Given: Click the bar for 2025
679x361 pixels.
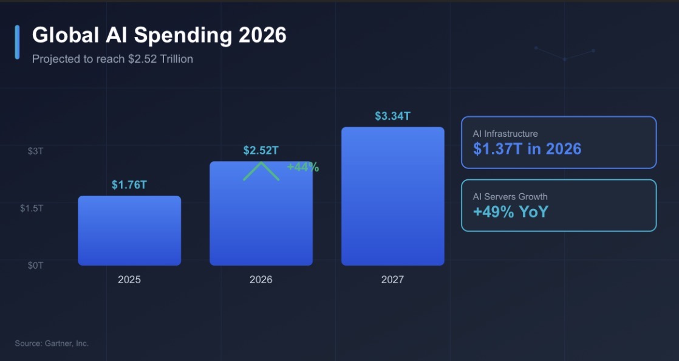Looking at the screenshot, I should (x=129, y=230).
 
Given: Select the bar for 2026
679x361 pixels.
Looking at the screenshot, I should (x=261, y=219).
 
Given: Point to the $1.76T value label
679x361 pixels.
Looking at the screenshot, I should (x=129, y=185).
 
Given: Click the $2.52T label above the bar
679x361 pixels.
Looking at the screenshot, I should (x=261, y=151).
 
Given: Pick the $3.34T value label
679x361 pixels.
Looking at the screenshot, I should (x=392, y=116).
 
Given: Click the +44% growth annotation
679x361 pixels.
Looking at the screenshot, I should (x=303, y=167).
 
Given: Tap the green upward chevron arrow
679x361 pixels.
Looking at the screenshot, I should (x=261, y=171).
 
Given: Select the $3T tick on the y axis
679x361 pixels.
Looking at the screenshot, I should (x=35, y=151).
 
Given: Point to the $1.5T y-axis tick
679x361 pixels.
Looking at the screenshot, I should (x=32, y=208).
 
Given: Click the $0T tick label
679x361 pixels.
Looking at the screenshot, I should (x=35, y=265).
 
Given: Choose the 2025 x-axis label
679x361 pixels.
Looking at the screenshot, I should (x=129, y=280).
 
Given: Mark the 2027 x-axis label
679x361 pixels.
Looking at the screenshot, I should (x=392, y=280).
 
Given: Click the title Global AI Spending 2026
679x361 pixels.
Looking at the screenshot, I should (x=159, y=35).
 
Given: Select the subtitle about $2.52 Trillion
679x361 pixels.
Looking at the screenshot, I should (x=112, y=59).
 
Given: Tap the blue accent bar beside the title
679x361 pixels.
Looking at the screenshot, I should (x=17, y=42).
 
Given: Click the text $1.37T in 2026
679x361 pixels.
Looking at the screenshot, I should (x=527, y=149).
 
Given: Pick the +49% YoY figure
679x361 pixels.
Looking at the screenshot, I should (x=510, y=211).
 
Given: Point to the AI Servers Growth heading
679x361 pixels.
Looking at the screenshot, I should (x=510, y=196).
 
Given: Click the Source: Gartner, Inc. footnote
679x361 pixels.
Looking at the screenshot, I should (x=52, y=343).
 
